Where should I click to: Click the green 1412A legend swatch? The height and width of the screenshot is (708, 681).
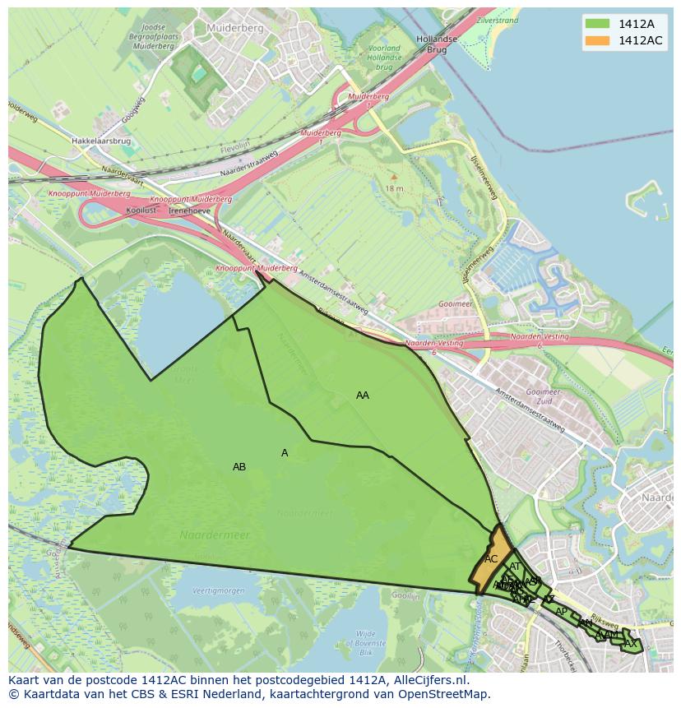(597, 23)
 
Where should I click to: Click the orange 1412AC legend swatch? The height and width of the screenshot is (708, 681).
(597, 40)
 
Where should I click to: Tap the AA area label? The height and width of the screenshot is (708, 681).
(363, 396)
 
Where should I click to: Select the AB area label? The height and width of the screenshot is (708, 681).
(239, 467)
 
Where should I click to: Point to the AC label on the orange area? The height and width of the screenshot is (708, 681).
(491, 559)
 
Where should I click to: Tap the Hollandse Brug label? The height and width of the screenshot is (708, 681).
(436, 44)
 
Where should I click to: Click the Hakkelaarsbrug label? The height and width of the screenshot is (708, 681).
(100, 141)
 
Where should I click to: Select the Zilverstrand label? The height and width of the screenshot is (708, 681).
(496, 21)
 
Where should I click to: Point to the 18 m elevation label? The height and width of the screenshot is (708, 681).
(394, 188)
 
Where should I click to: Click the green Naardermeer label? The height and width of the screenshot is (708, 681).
(215, 535)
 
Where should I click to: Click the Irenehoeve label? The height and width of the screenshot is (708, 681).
(188, 211)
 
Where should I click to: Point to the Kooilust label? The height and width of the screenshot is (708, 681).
(141, 211)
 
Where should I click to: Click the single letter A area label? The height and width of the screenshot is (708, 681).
(285, 453)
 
